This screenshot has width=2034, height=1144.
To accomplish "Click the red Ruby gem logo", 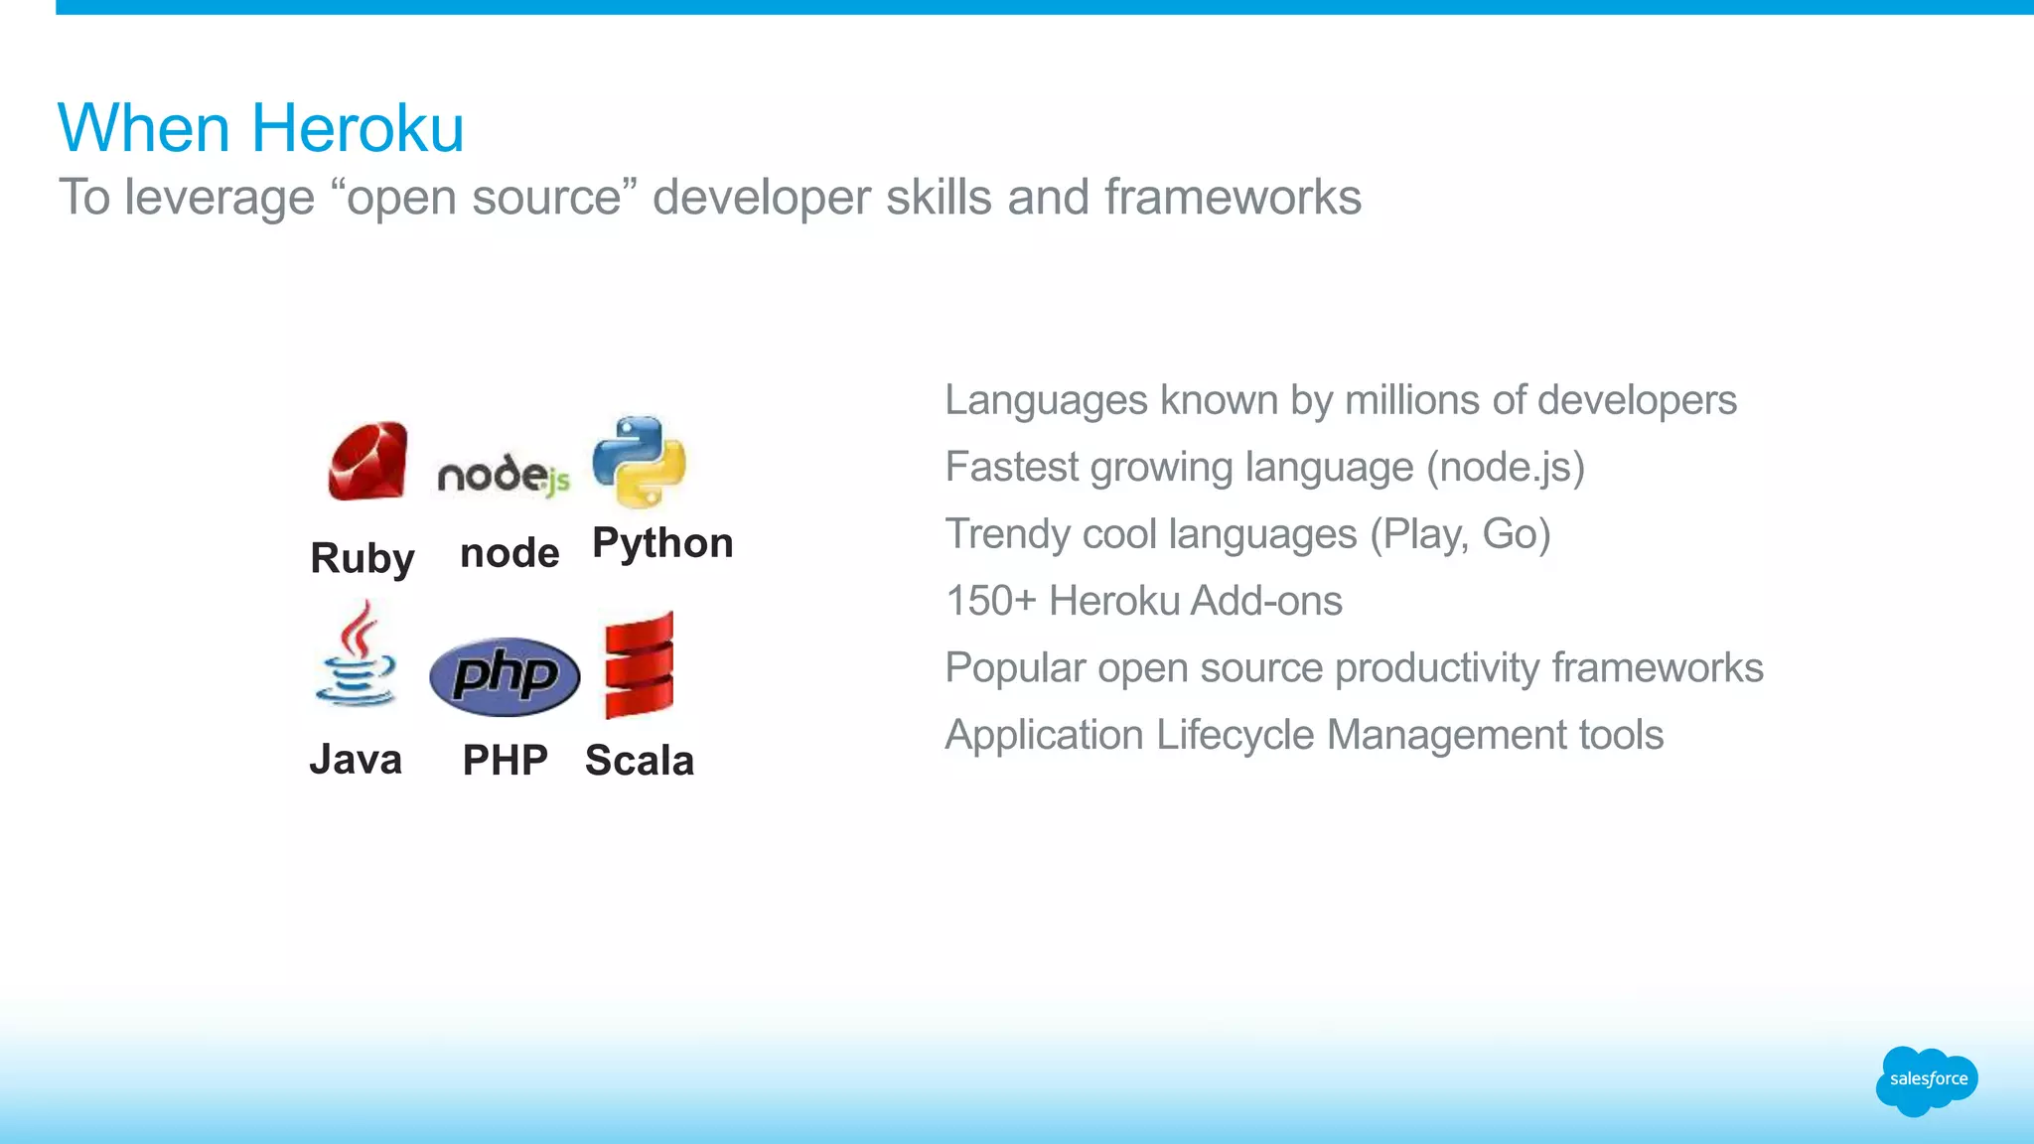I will click(x=367, y=461).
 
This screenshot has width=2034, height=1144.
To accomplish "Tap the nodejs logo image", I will click(x=504, y=475).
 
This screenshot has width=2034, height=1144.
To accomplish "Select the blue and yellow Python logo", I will click(x=639, y=462).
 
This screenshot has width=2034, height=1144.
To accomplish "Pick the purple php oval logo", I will click(x=505, y=676).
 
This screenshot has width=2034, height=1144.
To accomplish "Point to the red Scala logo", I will click(x=639, y=665).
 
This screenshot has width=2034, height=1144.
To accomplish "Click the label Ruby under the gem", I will click(x=362, y=558).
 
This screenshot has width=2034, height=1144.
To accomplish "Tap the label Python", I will click(x=662, y=543).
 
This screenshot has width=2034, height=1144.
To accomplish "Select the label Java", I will click(x=356, y=760).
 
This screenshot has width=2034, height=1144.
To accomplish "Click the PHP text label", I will click(x=505, y=761).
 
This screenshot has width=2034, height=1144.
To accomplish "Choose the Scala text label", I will click(x=640, y=761).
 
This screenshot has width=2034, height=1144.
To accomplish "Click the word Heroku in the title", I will click(x=358, y=128).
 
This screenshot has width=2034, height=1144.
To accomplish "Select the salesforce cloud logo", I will click(x=1927, y=1079).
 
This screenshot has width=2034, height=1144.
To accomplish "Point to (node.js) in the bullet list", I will click(x=1505, y=467).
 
